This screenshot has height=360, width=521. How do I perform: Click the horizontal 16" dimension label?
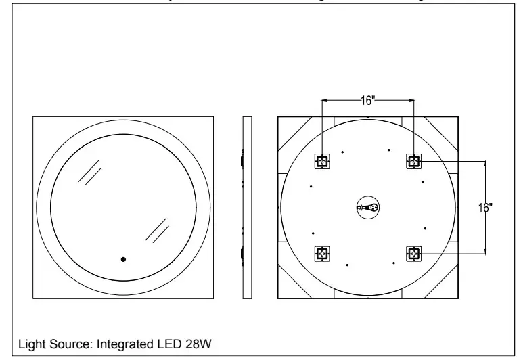[x=368, y=100]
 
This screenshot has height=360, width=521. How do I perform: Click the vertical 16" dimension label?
[x=483, y=208]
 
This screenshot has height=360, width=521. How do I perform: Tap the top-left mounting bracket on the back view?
[x=322, y=161]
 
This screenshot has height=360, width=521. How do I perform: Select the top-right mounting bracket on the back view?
[x=413, y=161]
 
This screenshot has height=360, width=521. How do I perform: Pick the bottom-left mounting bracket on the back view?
[x=322, y=254]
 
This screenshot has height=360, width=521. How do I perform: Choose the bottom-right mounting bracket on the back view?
[x=413, y=254]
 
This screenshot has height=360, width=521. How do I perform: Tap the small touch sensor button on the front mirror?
[x=123, y=259]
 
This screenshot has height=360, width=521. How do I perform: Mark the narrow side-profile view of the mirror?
[x=247, y=207]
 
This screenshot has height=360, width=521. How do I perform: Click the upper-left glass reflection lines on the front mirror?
[x=89, y=172]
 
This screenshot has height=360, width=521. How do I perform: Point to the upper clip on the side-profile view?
[x=242, y=161]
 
